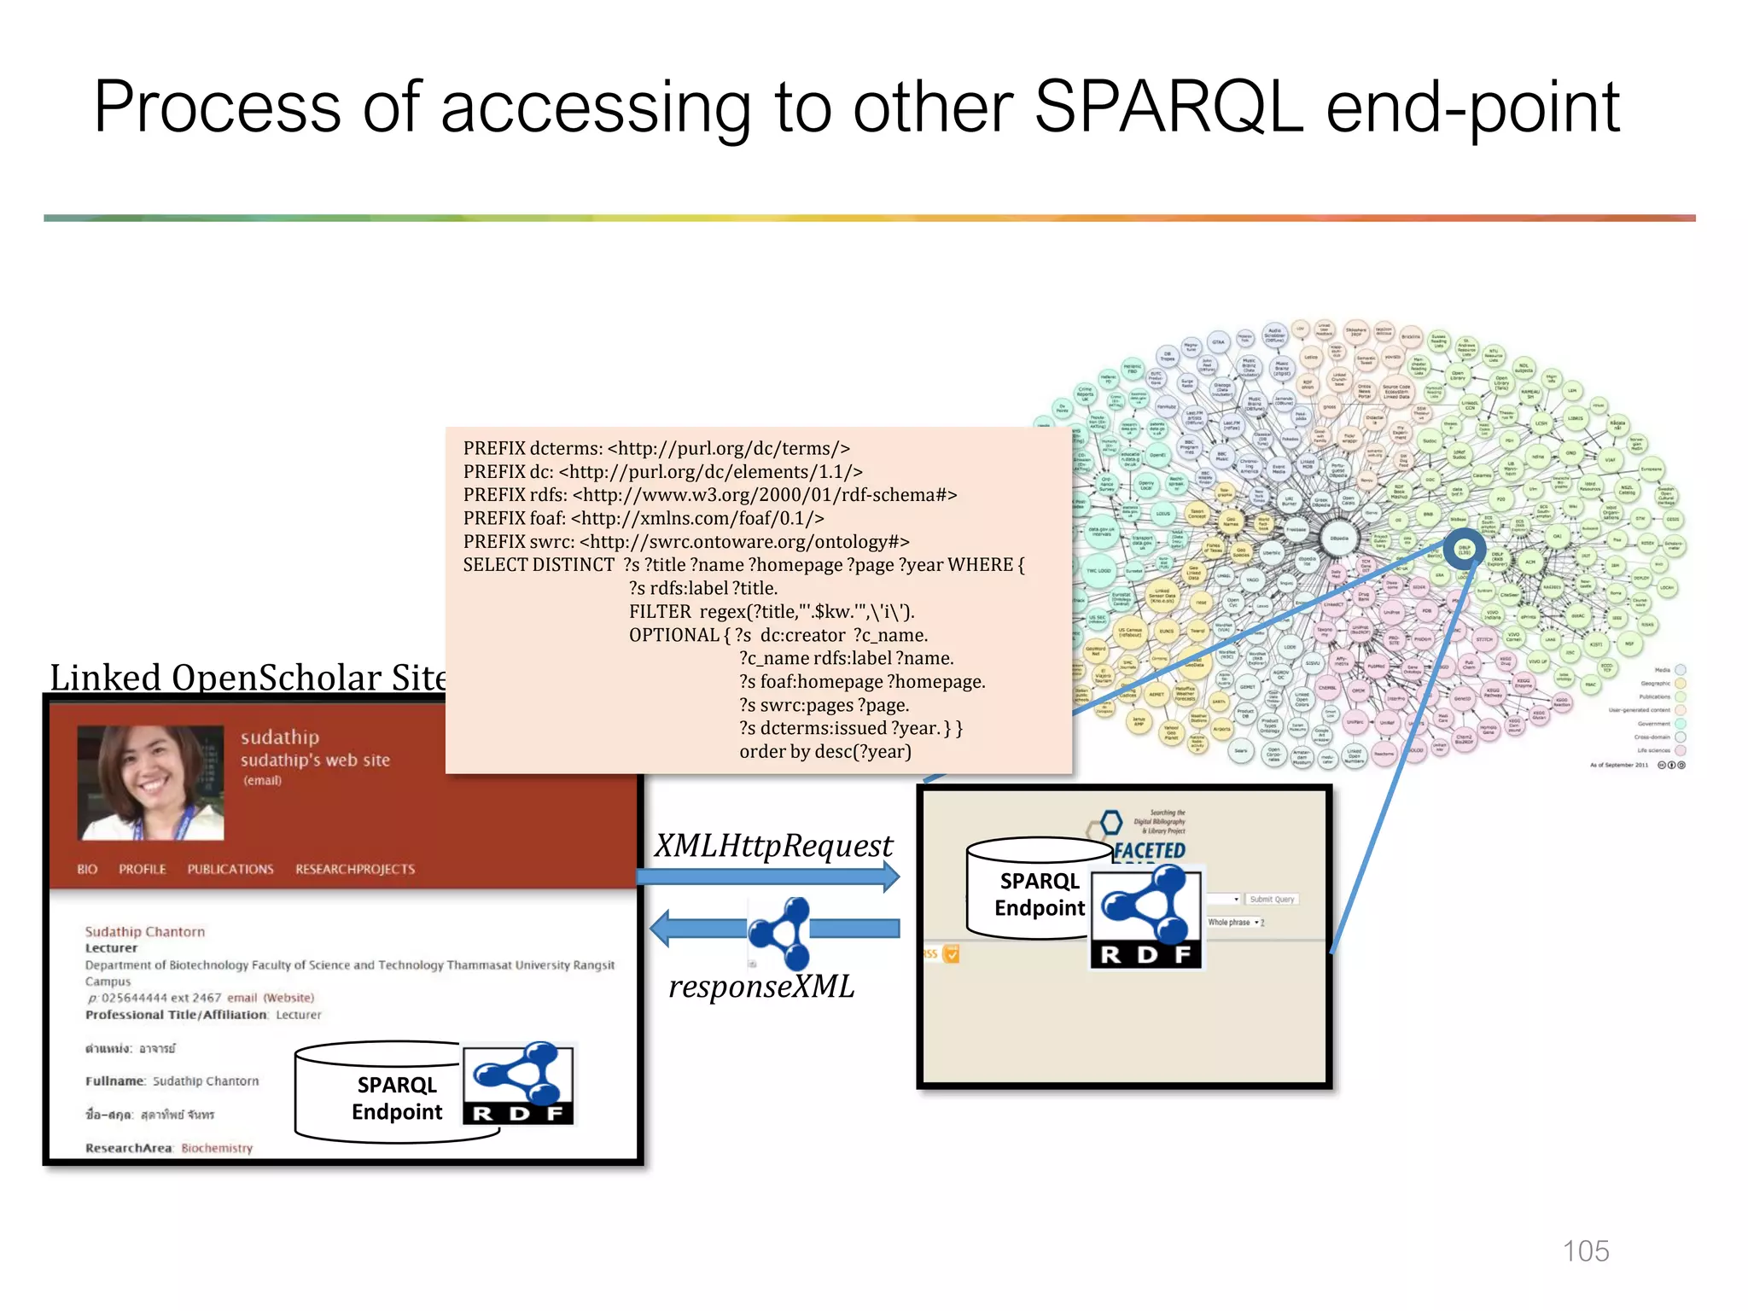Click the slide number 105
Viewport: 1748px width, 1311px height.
tap(1585, 1250)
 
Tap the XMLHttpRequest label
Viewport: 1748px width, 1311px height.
tap(773, 846)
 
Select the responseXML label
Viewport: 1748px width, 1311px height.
tap(761, 987)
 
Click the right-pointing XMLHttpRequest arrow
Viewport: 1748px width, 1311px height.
tap(768, 877)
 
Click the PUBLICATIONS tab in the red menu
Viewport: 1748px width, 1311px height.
tap(230, 869)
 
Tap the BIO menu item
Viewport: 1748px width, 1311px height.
tap(87, 869)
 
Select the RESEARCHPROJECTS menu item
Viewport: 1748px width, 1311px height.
tap(355, 869)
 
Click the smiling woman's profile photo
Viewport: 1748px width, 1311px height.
tap(151, 783)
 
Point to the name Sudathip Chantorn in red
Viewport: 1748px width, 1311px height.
tap(145, 931)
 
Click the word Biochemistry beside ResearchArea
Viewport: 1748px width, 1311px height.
tap(217, 1148)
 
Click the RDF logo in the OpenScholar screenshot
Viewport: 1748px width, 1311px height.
tap(519, 1082)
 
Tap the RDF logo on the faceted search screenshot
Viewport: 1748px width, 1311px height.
tap(1146, 917)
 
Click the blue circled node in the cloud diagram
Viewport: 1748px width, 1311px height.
tap(1465, 551)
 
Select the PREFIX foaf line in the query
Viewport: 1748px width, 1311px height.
tap(644, 518)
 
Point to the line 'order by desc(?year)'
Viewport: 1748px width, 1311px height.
tap(825, 751)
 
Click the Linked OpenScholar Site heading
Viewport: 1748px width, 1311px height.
tap(248, 678)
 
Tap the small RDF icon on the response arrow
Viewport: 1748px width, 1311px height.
tap(780, 932)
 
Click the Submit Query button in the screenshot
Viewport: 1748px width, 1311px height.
tap(1272, 899)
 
